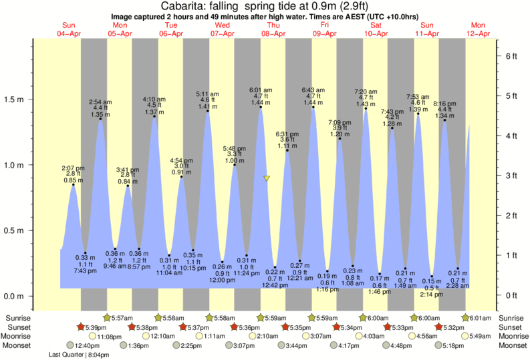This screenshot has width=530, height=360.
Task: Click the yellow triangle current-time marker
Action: (267, 178)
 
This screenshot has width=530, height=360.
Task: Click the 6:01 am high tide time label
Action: (261, 89)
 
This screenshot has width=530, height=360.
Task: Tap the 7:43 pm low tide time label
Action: (85, 271)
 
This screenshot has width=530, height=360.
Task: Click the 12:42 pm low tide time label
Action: (275, 285)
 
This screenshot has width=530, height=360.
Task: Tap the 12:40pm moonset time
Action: (87, 346)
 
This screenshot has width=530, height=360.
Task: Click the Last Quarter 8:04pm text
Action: (84, 355)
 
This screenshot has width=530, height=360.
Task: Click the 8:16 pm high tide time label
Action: (445, 104)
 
